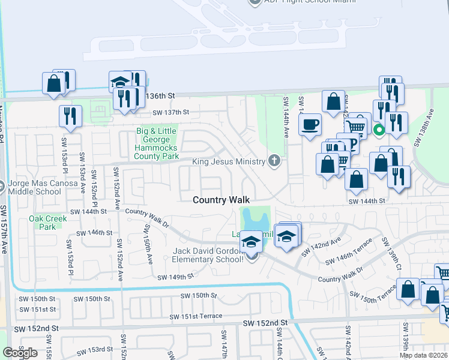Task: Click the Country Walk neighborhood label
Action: pos(221,200)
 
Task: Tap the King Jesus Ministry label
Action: pos(228,161)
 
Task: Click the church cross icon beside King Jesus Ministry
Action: pos(274,160)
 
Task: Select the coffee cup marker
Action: pos(310,125)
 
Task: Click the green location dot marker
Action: pos(379,128)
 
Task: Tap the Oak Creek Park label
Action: pos(43,223)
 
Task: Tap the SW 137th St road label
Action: pos(170,112)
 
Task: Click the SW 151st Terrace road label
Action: pos(195,316)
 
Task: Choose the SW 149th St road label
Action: pos(176,277)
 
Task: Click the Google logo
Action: pos(20,353)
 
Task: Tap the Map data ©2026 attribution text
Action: pos(423,355)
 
